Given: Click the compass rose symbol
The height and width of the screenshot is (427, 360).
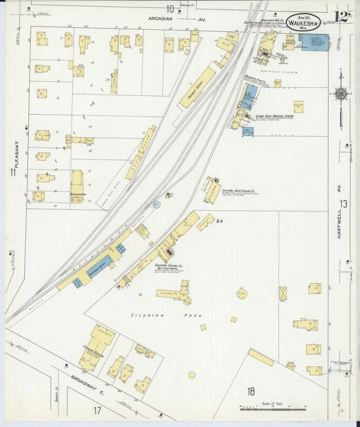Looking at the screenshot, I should pos(341,93).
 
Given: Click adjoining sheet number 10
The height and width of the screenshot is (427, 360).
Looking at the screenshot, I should pos(170,9).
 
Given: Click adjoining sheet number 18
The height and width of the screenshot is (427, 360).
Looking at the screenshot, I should pos(250,391).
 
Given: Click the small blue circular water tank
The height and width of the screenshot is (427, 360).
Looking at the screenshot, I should pos(156,203).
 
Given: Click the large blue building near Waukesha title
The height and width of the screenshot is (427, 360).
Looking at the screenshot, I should pos(314,42).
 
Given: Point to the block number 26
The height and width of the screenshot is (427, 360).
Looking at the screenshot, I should pos(220,220).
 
